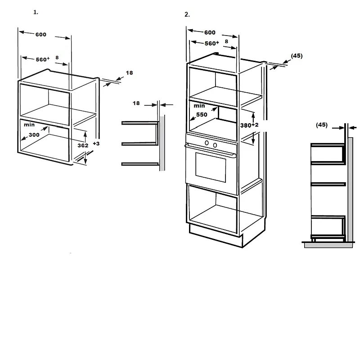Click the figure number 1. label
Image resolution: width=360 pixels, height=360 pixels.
(36, 12)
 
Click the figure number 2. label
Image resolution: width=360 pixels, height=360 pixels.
(187, 14)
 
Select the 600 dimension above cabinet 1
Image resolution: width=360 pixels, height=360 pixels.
(41, 35)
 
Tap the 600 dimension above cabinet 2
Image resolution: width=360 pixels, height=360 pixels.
(210, 32)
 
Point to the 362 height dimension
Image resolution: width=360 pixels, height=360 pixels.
(83, 145)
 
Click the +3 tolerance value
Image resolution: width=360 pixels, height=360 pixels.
(96, 144)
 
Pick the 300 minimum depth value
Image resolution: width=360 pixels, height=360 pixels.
(34, 135)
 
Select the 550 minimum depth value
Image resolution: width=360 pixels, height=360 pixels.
(202, 115)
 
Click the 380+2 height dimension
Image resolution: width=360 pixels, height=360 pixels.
(249, 125)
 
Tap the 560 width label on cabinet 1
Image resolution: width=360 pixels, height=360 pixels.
(41, 59)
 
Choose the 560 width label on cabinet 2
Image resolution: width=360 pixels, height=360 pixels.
(210, 43)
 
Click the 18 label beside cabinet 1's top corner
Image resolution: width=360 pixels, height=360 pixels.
(129, 73)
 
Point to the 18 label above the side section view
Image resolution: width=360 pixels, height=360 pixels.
(136, 103)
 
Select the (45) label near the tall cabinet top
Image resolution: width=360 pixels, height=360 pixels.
(297, 56)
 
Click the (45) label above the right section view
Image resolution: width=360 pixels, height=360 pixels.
(322, 125)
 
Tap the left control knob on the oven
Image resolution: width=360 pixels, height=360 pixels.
(207, 143)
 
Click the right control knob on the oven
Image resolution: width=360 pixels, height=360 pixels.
(215, 145)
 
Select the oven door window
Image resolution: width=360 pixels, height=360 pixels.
(211, 166)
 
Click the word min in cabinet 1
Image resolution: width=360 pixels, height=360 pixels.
(29, 125)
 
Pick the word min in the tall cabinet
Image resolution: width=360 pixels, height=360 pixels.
(199, 106)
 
